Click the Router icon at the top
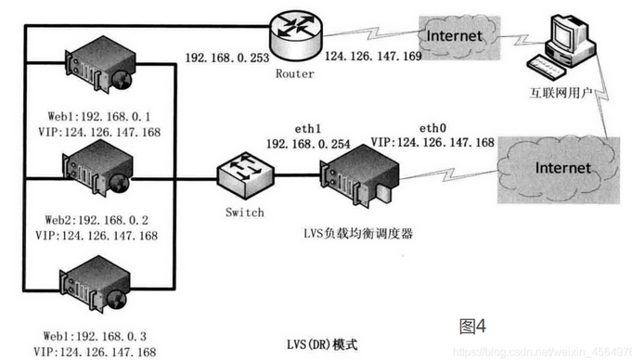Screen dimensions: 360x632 pos(296,34)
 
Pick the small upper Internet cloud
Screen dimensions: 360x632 pos(454,36)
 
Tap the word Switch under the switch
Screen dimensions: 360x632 pos(244,212)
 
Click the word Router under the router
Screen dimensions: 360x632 pos(295,72)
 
